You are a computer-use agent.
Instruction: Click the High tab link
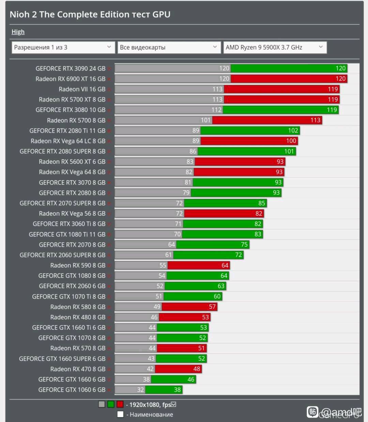tap(18, 32)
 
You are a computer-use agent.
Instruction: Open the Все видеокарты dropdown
tap(169, 47)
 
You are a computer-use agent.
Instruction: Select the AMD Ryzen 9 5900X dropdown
tap(275, 47)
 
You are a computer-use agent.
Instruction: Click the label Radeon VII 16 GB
tap(82, 89)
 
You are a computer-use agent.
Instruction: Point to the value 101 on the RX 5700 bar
tap(205, 120)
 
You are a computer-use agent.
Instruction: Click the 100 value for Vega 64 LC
tap(291, 141)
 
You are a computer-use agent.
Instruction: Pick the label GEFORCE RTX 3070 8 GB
tap(72, 183)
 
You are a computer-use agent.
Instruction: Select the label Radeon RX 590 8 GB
tap(78, 266)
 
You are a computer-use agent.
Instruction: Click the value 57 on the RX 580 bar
tap(212, 307)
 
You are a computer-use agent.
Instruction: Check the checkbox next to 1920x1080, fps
tap(173, 405)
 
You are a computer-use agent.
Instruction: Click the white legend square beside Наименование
tap(120, 415)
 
